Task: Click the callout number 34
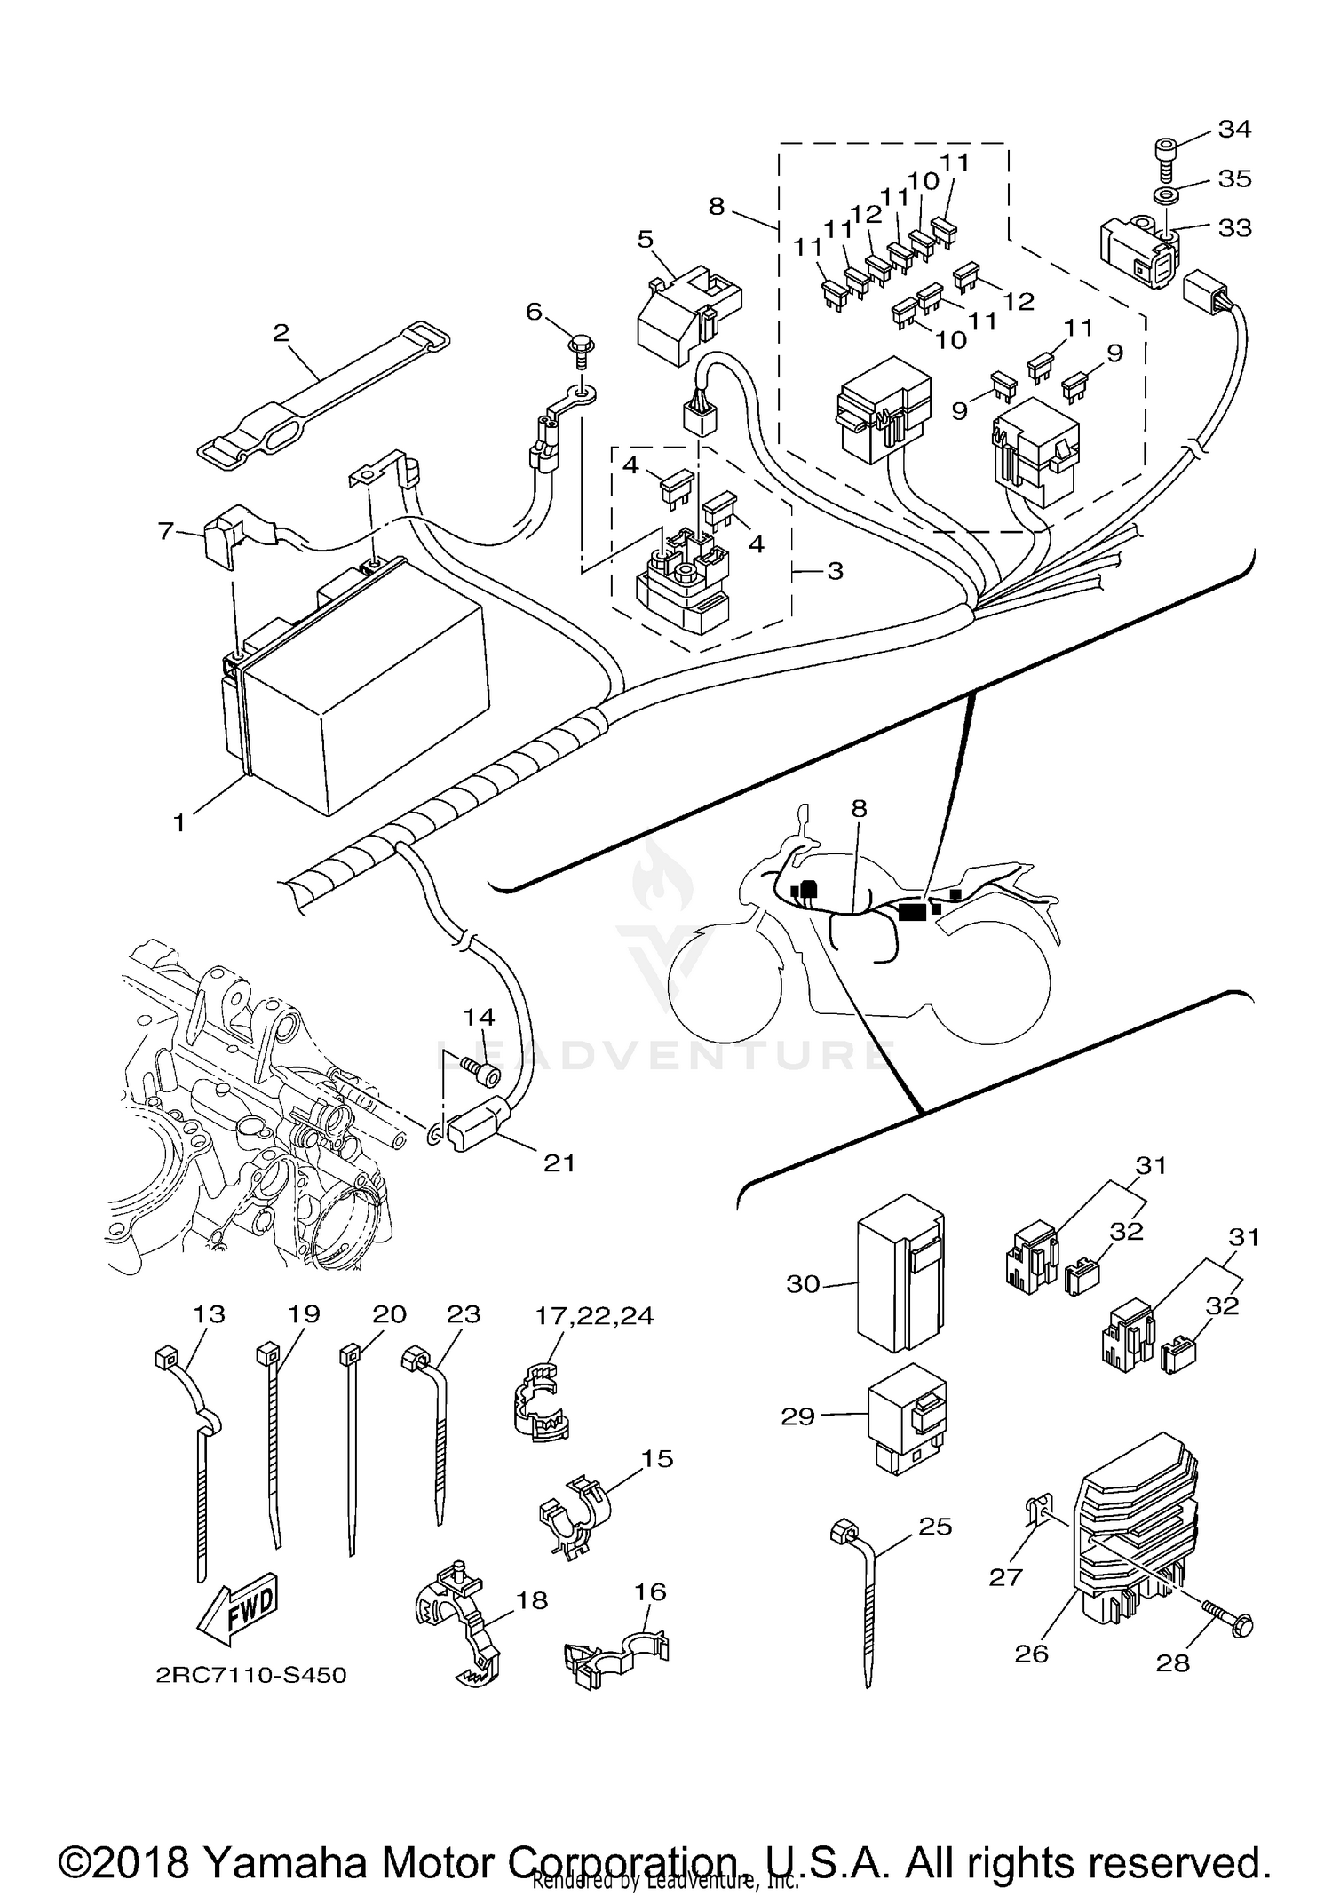[1234, 130]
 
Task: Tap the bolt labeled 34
[1166, 155]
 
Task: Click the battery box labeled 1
[355, 684]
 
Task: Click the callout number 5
[646, 239]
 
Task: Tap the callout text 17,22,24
[594, 1315]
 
